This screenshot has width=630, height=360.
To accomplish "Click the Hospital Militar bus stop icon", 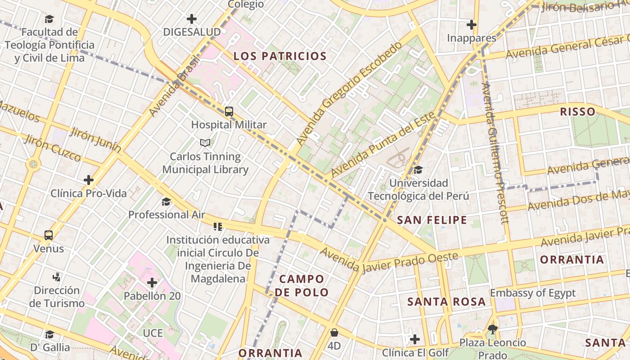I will pyautogui.click(x=229, y=112).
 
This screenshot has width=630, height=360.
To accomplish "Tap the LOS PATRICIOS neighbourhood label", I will pyautogui.click(x=280, y=56).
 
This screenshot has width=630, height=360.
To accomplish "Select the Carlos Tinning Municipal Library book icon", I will pyautogui.click(x=205, y=143).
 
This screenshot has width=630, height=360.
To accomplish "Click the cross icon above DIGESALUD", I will pyautogui.click(x=192, y=19).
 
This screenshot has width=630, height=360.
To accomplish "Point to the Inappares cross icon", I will pyautogui.click(x=472, y=25).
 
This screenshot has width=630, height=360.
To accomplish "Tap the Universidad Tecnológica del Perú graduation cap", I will pyautogui.click(x=418, y=170).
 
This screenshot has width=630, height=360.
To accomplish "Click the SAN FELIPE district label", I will pyautogui.click(x=432, y=220).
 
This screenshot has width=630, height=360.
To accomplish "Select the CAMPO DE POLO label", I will pyautogui.click(x=302, y=285).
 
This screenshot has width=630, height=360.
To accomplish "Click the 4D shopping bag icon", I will pyautogui.click(x=334, y=333).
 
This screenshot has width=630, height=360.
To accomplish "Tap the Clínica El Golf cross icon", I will pyautogui.click(x=415, y=339).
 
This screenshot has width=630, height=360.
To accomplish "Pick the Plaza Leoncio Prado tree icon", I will pyautogui.click(x=492, y=329).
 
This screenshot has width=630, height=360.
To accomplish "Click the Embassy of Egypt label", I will pyautogui.click(x=533, y=293).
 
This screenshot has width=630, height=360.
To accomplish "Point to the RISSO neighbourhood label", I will pyautogui.click(x=578, y=112).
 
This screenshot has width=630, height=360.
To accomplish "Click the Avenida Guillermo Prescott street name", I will pyautogui.click(x=495, y=153).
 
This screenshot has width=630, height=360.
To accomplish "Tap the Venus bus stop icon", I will pyautogui.click(x=49, y=235).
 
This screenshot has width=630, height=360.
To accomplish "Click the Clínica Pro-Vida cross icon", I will pyautogui.click(x=89, y=180).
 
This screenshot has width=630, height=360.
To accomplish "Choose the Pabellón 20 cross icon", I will pyautogui.click(x=152, y=283).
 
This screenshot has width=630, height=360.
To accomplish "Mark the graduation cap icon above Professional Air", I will pyautogui.click(x=166, y=201).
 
